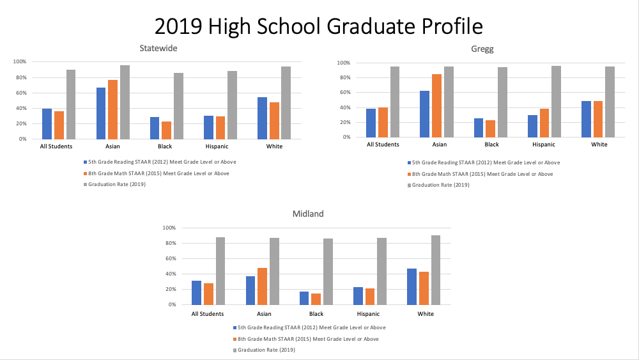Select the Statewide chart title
click(x=158, y=48)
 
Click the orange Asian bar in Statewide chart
click(x=112, y=109)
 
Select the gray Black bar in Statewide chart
click(x=178, y=106)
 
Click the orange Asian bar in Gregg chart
click(x=436, y=106)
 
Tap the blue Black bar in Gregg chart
click(x=479, y=128)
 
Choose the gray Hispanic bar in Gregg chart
click(x=556, y=102)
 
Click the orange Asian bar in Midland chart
click(x=262, y=286)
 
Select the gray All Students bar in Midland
click(x=220, y=271)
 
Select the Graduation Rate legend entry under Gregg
click(x=441, y=185)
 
